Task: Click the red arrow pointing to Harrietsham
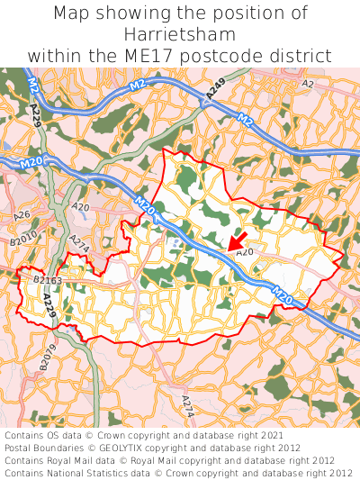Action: (x=237, y=240)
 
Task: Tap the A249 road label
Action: (x=215, y=91)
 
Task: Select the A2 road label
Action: (x=308, y=84)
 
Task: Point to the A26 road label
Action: (x=22, y=214)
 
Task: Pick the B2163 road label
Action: (x=47, y=281)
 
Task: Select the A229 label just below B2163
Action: (x=48, y=307)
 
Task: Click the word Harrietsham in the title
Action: (x=180, y=34)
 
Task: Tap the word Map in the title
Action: (x=73, y=14)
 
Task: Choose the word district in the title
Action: (x=301, y=56)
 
